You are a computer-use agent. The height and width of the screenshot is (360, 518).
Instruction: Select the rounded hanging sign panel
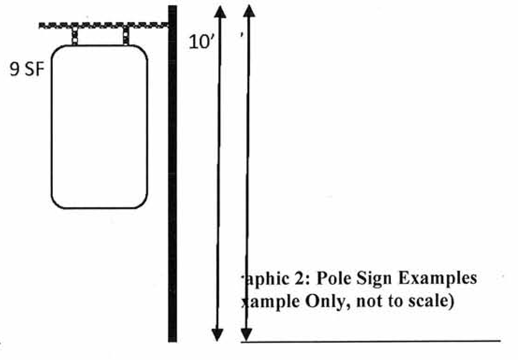(99, 126)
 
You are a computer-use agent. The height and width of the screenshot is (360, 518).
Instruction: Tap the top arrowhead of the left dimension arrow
(219, 12)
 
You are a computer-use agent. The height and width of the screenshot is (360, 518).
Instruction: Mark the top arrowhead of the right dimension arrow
(250, 11)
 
